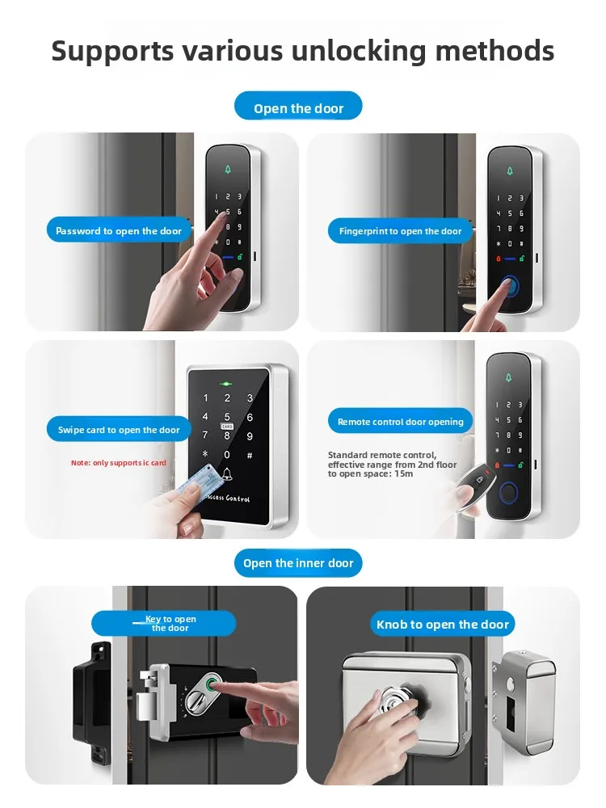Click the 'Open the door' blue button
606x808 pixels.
coord(298,106)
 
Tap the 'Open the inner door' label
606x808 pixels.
coord(298,562)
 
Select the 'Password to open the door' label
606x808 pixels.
coord(119,230)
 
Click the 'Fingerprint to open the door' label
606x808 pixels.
coord(401,231)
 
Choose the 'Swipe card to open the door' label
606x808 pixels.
coord(119,429)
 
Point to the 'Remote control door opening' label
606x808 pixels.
coord(401,421)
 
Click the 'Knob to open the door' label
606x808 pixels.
coord(443,624)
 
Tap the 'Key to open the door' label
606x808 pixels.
coord(164,624)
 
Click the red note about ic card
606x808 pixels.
coord(119,463)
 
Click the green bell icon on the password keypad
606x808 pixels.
coord(228,170)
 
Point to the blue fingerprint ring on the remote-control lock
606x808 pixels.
coord(508,494)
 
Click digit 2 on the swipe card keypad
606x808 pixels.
coord(227,398)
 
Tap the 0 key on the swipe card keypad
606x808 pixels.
coord(227,455)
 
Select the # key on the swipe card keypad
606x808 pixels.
coord(250,456)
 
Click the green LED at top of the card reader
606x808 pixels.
coord(225,384)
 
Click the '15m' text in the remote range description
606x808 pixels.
coord(403,473)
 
